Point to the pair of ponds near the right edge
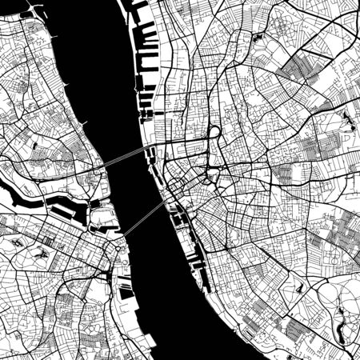(349, 120)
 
